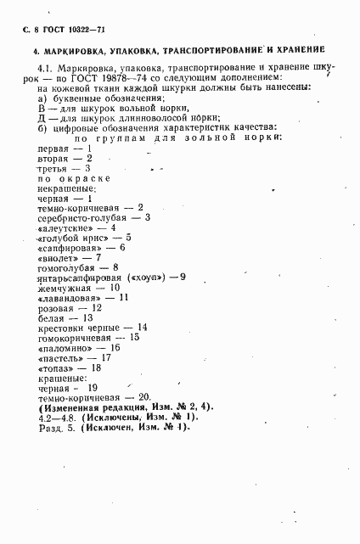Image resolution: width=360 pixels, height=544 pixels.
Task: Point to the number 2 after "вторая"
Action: point(88,158)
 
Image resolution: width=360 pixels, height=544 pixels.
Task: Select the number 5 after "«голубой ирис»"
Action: point(128,238)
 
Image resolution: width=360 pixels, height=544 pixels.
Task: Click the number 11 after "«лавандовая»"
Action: point(123,298)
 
